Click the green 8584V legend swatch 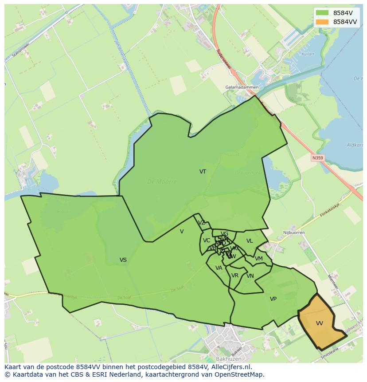click(x=322, y=13)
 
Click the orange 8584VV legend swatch click(x=322, y=22)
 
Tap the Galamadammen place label click(x=242, y=87)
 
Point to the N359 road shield click(x=317, y=158)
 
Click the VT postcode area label click(x=203, y=172)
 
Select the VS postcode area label click(x=123, y=260)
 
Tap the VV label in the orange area click(x=320, y=323)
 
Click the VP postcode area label click(x=273, y=299)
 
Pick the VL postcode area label click(x=250, y=241)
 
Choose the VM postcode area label click(x=259, y=259)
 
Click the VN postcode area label click(x=250, y=276)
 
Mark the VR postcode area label click(x=235, y=276)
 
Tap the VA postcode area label click(x=219, y=268)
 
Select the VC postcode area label click(x=207, y=240)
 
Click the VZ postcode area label click(x=202, y=223)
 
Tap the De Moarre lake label click(x=162, y=181)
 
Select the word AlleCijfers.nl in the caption click(x=230, y=367)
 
